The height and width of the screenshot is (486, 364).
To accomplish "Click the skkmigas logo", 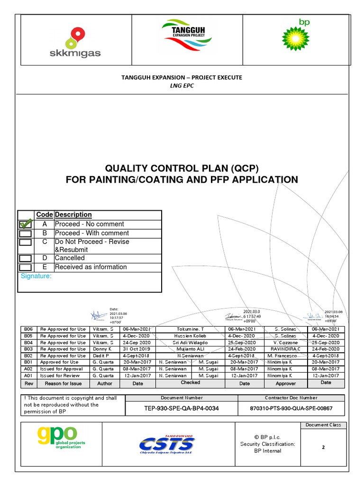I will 75,42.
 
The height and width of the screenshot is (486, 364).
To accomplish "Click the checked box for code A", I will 26,224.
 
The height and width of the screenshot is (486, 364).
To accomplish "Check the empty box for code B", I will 26,233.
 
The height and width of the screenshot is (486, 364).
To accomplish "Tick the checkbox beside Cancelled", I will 26,258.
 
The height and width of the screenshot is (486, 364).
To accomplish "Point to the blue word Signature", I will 36,276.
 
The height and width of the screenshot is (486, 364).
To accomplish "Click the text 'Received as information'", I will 91,267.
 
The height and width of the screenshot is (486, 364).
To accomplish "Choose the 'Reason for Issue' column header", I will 63,383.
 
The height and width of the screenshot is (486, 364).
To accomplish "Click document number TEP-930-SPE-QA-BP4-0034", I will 182,408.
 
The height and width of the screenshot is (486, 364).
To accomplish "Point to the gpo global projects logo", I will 57,439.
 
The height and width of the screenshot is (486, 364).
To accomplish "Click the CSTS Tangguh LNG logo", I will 167,444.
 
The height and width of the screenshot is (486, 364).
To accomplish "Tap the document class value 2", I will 323,447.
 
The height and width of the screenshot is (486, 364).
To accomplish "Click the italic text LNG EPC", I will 182,85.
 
